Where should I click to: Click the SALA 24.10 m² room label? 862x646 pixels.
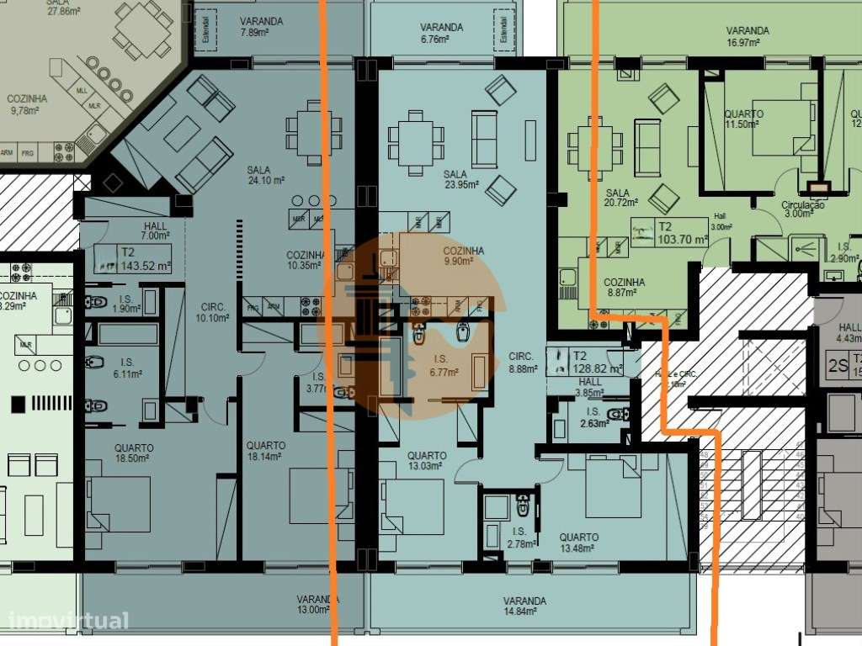click(265, 175)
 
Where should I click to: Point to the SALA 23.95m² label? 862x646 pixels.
click(460, 179)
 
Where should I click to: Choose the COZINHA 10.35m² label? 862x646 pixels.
click(305, 260)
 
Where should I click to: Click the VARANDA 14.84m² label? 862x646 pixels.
click(524, 606)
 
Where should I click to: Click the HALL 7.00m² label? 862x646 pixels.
click(155, 232)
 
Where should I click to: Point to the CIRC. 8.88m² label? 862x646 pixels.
click(523, 362)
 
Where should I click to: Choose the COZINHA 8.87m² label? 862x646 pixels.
click(624, 289)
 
